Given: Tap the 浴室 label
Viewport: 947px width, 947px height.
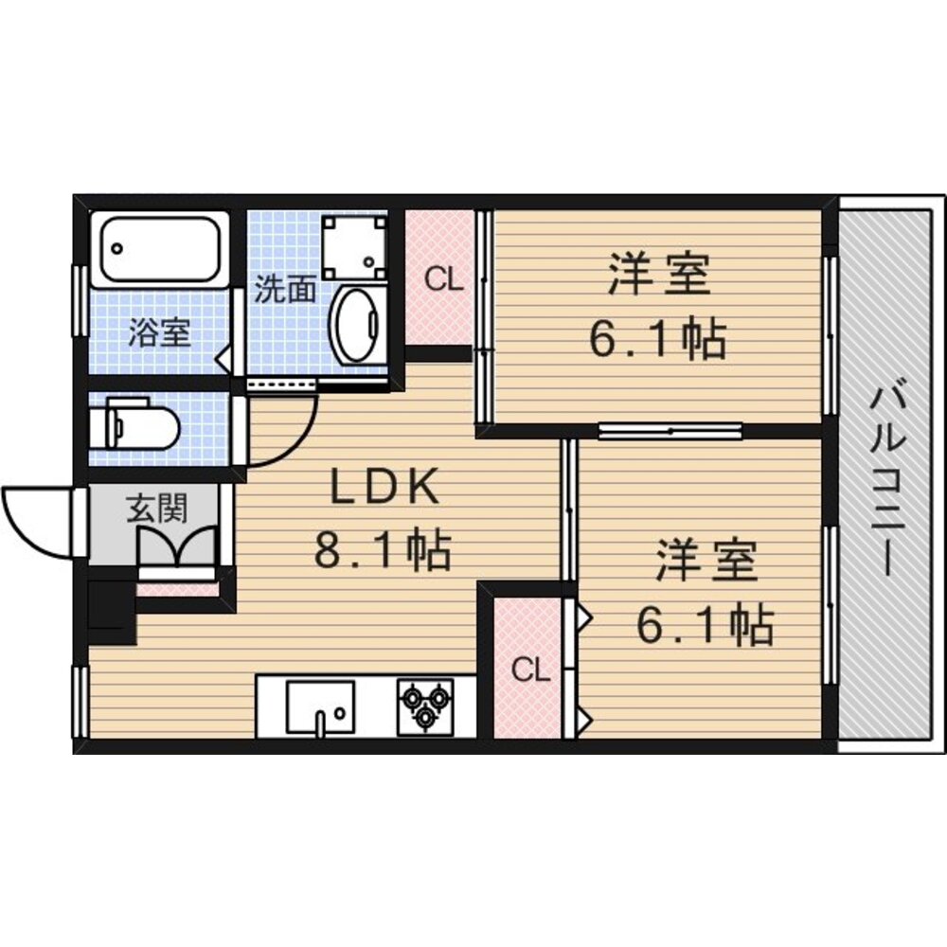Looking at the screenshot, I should [159, 333].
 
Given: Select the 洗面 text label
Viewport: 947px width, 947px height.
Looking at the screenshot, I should [284, 290].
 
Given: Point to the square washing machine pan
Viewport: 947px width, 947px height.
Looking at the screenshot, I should [354, 245].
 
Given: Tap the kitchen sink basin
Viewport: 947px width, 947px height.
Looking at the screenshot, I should [320, 706].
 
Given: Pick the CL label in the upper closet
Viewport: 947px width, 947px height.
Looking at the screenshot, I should [442, 279].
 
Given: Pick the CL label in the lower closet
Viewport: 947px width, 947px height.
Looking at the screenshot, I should [530, 670].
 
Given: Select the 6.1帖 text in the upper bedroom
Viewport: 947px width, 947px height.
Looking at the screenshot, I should [658, 339].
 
